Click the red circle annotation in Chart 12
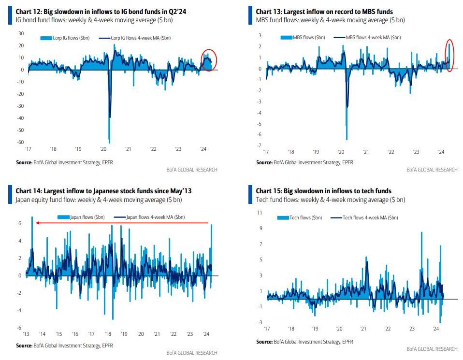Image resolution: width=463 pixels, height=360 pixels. pos(208,60)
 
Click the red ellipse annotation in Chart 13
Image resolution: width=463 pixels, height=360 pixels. pos(449,55)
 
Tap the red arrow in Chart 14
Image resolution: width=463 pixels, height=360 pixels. pos(123,223)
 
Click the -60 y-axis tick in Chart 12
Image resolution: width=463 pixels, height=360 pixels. pos(21,142)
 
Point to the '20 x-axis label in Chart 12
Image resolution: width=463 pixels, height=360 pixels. pos(103,150)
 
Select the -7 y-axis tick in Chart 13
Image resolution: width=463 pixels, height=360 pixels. pos(260,145)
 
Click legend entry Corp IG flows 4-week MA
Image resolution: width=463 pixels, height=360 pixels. pos(138,38)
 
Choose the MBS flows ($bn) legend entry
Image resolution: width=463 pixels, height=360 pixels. pos(303,38)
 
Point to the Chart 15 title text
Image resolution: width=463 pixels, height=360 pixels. pos(323,191)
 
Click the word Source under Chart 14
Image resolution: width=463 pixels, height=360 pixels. pos(24,346)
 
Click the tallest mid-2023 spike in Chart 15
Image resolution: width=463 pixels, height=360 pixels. pos(421,232)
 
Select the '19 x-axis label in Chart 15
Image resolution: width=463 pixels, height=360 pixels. pos(314,328)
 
